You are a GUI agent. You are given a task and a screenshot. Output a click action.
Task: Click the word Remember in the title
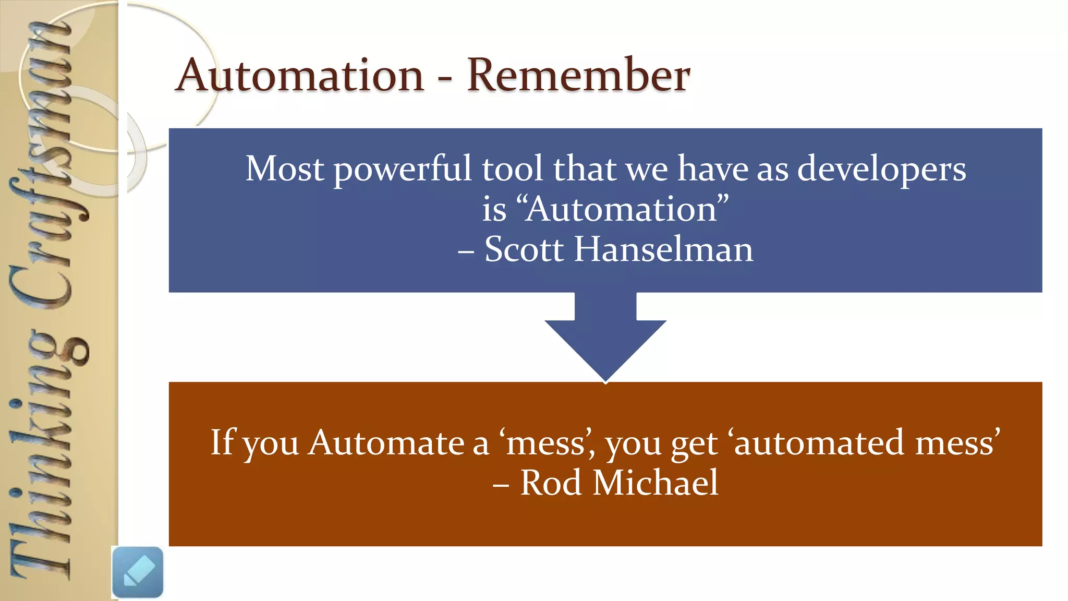578,76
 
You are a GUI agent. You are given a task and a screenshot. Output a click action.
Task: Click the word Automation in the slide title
300,76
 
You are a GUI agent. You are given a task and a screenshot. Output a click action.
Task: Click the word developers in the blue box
881,170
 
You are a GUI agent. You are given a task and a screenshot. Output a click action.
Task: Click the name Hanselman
663,249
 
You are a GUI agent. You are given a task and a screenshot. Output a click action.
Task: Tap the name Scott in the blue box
524,249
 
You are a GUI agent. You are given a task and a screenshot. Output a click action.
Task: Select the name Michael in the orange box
656,483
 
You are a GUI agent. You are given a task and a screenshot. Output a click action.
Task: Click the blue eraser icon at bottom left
138,572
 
